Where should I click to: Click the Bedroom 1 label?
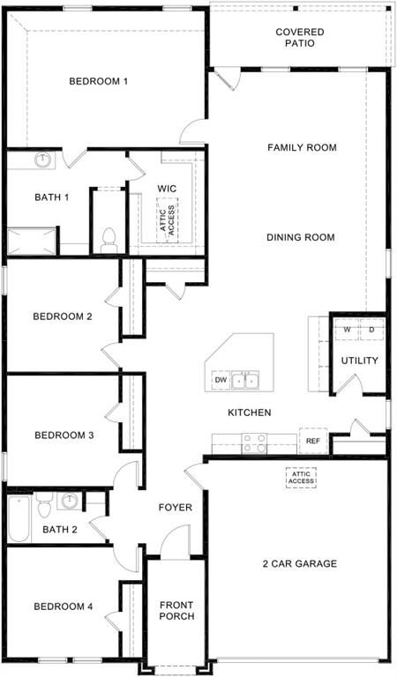[x=99, y=82]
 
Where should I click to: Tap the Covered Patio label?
[x=299, y=38]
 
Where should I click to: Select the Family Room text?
[x=302, y=148]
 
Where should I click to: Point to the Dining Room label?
[x=301, y=237]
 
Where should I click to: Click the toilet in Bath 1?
[x=109, y=239]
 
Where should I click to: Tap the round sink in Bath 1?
[x=42, y=160]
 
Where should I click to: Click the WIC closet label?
[x=167, y=189]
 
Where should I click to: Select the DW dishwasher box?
[x=220, y=381]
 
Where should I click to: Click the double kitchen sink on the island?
[x=245, y=381]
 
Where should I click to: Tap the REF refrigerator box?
[x=312, y=440]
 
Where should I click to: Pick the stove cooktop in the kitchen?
[x=256, y=443]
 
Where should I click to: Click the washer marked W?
[x=348, y=331]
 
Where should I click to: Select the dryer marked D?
[x=371, y=331]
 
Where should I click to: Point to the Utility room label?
[x=359, y=361]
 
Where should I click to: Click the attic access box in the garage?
[x=300, y=477]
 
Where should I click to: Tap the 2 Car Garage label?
[x=299, y=564]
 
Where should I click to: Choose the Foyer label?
[x=176, y=508]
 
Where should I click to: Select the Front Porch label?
[x=176, y=611]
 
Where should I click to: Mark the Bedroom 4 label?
[x=63, y=606]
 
